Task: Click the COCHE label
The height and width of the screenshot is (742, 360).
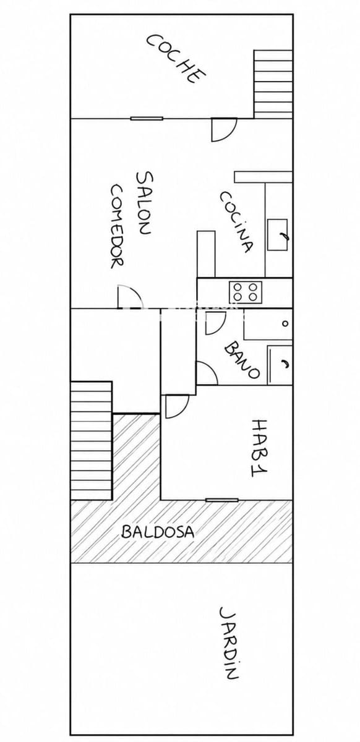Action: tap(176, 59)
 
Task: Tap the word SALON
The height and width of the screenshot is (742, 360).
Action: tap(145, 203)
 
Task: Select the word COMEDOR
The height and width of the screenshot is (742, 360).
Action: tap(117, 226)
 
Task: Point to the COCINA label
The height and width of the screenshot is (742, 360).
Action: tap(236, 221)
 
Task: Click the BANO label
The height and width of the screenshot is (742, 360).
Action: tap(242, 359)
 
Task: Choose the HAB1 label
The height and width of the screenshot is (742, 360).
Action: tap(259, 448)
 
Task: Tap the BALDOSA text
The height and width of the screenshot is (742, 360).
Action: tap(158, 532)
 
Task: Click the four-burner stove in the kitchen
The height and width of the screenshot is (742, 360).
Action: tap(246, 292)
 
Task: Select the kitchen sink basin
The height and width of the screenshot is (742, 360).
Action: tap(278, 234)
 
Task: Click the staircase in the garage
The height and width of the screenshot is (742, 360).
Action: tap(273, 84)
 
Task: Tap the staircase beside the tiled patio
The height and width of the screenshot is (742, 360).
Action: tap(91, 440)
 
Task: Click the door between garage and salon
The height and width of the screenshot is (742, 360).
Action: tap(224, 130)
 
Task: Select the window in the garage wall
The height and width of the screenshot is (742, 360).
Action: tap(147, 118)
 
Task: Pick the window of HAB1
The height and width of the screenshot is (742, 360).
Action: tap(222, 500)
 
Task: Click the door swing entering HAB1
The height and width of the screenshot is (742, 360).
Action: tap(177, 406)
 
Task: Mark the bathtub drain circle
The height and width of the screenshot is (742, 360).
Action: tap(285, 323)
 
